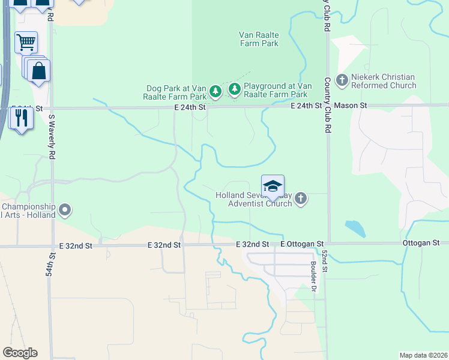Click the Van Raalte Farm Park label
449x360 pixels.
click(x=259, y=39)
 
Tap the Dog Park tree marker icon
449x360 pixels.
click(x=215, y=92)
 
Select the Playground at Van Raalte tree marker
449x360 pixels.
click(x=234, y=90)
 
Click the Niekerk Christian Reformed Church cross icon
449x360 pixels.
click(x=342, y=80)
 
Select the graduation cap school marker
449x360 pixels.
click(x=273, y=187)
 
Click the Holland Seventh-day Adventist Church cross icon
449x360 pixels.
click(x=301, y=199)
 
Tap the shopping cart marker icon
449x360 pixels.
click(x=26, y=43)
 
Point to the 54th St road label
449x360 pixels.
click(x=52, y=264)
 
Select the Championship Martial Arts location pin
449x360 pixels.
click(x=64, y=210)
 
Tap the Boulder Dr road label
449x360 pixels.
click(x=313, y=275)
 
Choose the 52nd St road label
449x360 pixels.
click(x=324, y=262)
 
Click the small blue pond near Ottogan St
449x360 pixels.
click(x=355, y=228)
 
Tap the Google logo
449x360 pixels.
click(x=20, y=353)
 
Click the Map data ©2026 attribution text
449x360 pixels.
click(x=423, y=355)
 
